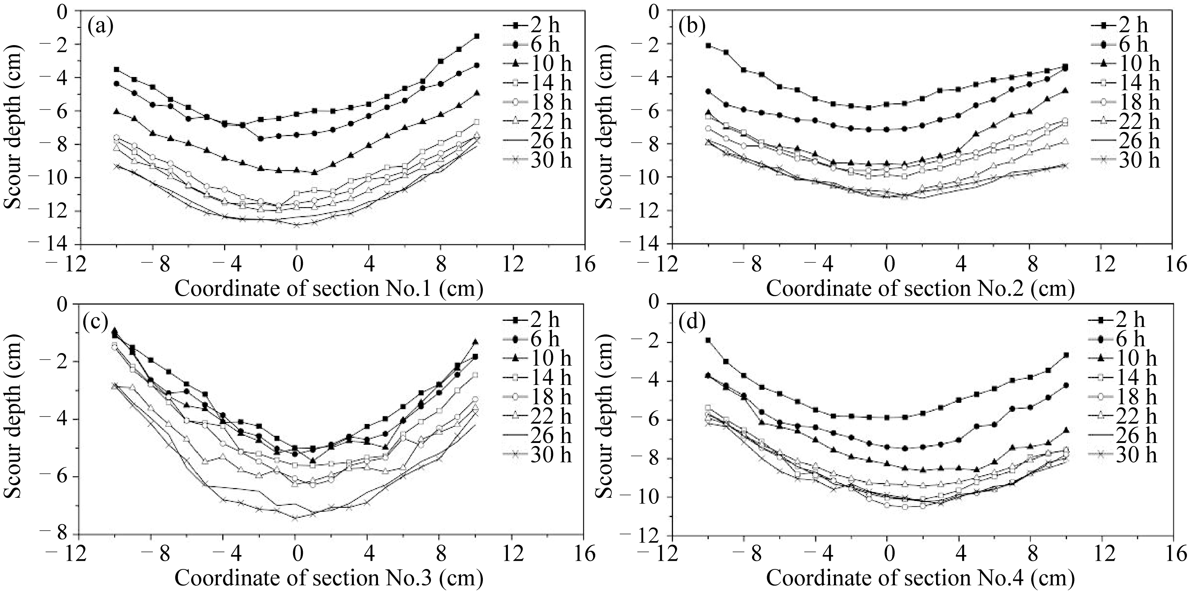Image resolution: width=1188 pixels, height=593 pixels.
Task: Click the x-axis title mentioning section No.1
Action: (329, 289)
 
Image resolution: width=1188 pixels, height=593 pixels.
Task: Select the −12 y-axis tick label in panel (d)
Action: (644, 535)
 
